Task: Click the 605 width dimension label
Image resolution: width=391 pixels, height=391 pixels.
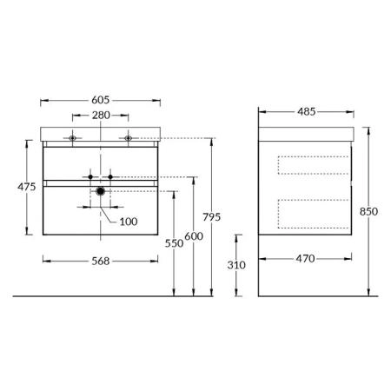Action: coord(101,100)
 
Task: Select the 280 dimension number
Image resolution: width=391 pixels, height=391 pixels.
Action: coord(101,116)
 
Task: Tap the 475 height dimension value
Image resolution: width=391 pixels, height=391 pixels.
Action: coord(27,187)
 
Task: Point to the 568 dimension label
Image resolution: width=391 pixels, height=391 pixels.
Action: coord(101,261)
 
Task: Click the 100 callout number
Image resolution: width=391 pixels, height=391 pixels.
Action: coord(129,222)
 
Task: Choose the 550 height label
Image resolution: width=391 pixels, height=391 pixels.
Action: coord(174,243)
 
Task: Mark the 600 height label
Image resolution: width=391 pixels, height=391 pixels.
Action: coord(194,236)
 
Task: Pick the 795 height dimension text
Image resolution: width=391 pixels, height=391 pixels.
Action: coord(212,217)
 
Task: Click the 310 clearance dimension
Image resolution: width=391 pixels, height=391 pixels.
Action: coord(236,265)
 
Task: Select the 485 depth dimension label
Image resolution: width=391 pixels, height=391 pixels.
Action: coord(307,111)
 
